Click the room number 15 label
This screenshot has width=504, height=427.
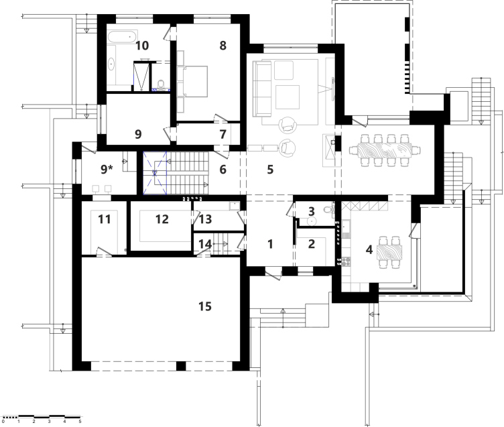(x=205, y=306)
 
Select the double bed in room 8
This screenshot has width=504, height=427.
(x=192, y=81)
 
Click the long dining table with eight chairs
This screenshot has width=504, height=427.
(x=385, y=150)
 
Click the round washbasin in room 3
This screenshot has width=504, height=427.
(x=312, y=221)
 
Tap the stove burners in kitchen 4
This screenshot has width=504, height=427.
(x=346, y=261)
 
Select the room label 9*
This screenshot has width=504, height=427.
(x=107, y=169)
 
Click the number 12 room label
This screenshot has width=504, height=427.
(x=162, y=219)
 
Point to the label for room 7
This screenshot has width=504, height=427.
(x=223, y=135)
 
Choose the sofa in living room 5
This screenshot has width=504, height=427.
(x=262, y=88)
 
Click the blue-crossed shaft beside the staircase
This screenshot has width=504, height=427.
(x=155, y=173)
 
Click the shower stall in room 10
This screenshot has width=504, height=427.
(x=141, y=76)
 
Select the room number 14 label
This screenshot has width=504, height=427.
(x=205, y=245)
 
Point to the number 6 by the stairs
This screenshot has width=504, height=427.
(x=223, y=170)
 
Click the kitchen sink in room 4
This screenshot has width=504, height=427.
(x=346, y=226)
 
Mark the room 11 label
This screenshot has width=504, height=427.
(x=104, y=219)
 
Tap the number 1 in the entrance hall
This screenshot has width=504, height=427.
(x=270, y=244)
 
